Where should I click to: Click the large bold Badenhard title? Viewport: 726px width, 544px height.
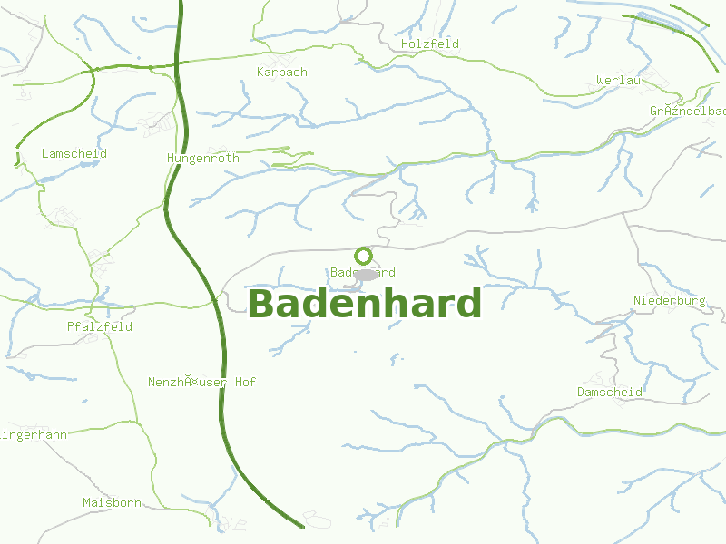click(x=364, y=304)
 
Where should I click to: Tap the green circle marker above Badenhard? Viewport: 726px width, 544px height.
click(x=364, y=256)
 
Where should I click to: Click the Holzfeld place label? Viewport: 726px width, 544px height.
click(x=430, y=44)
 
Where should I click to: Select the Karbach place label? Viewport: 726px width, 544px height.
click(x=282, y=72)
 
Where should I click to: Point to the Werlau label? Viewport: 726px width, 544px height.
click(x=619, y=81)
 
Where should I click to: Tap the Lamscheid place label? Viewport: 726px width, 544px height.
click(x=74, y=153)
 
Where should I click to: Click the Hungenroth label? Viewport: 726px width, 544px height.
click(x=203, y=158)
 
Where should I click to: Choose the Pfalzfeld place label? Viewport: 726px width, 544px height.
click(x=100, y=326)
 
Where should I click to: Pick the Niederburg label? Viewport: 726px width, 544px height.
click(x=670, y=300)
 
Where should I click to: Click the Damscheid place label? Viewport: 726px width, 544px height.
click(x=610, y=392)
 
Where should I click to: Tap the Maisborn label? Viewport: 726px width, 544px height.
click(x=112, y=502)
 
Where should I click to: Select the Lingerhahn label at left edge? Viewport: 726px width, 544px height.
click(x=34, y=435)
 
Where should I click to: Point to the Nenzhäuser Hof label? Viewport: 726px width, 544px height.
click(x=201, y=383)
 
